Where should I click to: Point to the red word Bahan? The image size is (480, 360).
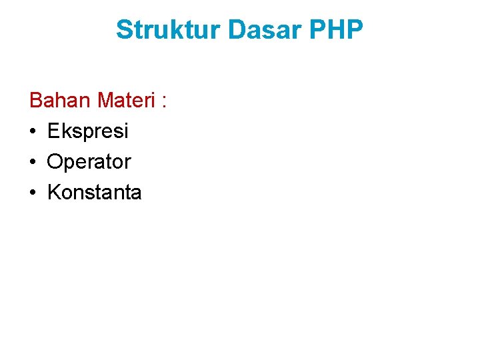pos(61,101)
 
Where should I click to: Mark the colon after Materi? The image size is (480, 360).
pos(163,102)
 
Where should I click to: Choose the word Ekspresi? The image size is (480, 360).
pos(88,131)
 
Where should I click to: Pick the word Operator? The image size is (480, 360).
pos(89,162)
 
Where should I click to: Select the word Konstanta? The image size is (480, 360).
pos(95,193)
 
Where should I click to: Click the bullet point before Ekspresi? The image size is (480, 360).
pos(33,131)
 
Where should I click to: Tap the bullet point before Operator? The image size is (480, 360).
pos(33,162)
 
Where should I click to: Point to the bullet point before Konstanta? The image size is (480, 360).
pos(33,193)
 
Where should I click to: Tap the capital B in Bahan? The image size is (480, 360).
pos(36,101)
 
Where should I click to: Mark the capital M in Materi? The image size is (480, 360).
pos(105,101)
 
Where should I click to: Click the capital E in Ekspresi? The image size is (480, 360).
pos(53,131)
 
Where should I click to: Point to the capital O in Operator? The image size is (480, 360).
pos(55,162)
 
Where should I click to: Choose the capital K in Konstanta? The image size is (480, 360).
pos(54,193)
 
